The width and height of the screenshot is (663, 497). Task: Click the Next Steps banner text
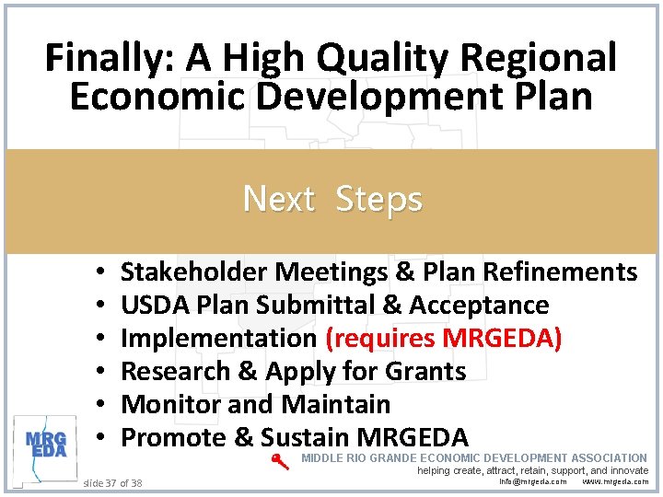[x=332, y=199]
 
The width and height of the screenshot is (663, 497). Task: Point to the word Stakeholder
[x=193, y=272]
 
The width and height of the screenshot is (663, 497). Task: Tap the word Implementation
[x=218, y=338]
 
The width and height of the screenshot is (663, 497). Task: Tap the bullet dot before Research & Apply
[x=97, y=372]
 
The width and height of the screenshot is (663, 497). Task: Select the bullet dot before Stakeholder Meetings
[x=97, y=272]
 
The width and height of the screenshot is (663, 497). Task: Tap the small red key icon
[x=281, y=462]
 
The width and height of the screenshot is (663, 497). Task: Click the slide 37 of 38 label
[x=113, y=482]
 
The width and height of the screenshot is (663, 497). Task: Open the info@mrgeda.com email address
[x=533, y=481]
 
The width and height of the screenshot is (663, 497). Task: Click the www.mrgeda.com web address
[x=615, y=481]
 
